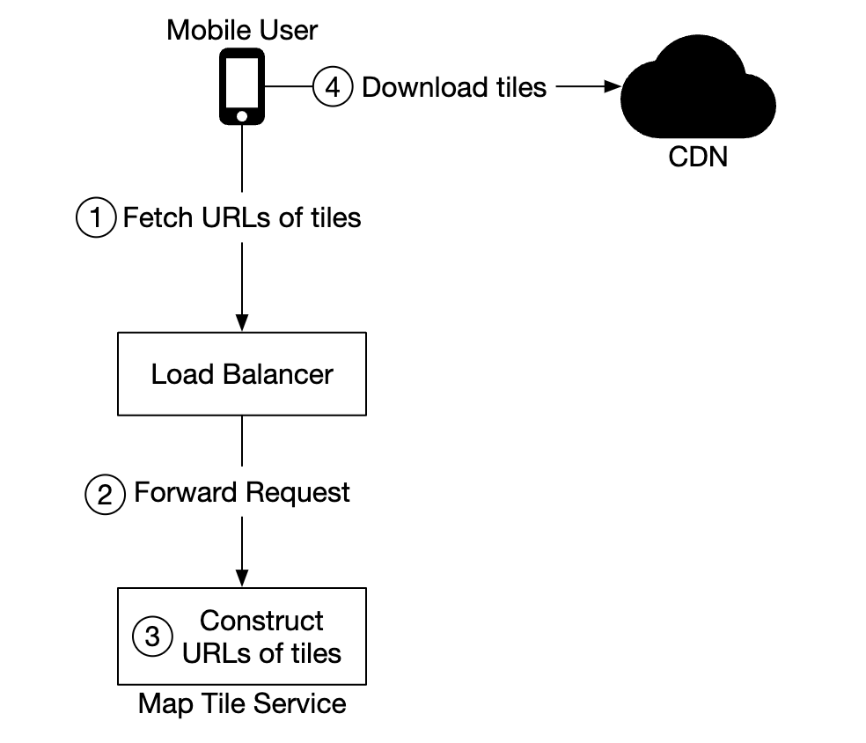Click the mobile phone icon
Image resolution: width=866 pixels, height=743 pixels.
[x=241, y=86]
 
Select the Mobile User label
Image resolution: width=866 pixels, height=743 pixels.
[x=242, y=30]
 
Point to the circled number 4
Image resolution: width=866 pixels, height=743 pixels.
[x=333, y=87]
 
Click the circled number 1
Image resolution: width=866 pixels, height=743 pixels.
[x=96, y=217]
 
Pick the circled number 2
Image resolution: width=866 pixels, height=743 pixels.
[x=105, y=493]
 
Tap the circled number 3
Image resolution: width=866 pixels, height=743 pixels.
[x=152, y=636]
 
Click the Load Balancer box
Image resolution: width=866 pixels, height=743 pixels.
[x=242, y=374]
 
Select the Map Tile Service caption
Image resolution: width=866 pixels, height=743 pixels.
[x=242, y=704]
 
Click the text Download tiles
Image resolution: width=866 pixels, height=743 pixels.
[x=454, y=87]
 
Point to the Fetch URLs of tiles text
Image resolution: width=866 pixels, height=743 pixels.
[x=242, y=217]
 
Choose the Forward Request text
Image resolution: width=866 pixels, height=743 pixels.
[x=242, y=493]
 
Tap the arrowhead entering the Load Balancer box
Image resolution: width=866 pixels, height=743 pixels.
[x=242, y=325]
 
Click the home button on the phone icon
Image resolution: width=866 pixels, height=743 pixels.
[x=241, y=115]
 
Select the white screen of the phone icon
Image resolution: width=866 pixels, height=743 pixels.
[x=241, y=81]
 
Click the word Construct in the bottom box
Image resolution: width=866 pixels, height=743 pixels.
[x=261, y=621]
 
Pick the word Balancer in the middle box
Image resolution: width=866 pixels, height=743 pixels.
[x=277, y=374]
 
